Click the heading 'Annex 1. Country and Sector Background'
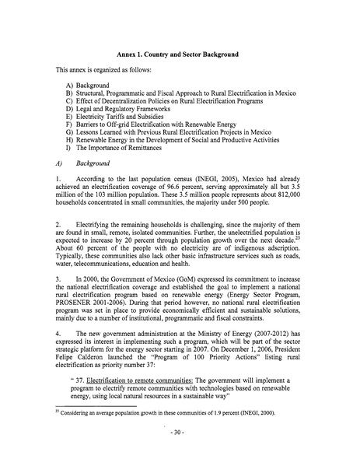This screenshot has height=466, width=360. pos(177,56)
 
